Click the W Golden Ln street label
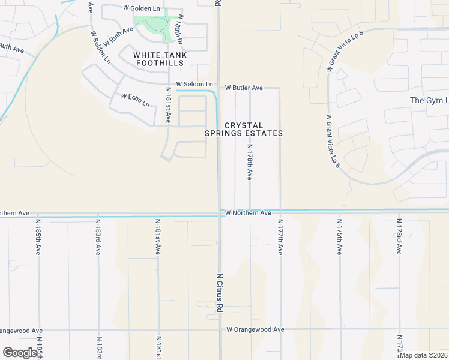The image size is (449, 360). (142, 8)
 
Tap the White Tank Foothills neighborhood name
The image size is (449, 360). (160, 59)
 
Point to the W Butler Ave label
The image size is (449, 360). (244, 88)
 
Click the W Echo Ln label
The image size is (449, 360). (135, 100)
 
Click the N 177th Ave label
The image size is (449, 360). (280, 236)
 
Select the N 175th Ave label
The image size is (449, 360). (339, 236)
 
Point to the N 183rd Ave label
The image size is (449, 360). (98, 236)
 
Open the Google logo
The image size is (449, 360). (20, 352)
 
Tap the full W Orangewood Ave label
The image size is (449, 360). (255, 329)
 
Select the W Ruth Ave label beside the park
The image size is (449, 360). (118, 37)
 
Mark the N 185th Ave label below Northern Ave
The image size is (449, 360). (38, 236)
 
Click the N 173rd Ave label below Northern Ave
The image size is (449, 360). (399, 236)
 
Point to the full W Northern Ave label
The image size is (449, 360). (249, 213)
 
